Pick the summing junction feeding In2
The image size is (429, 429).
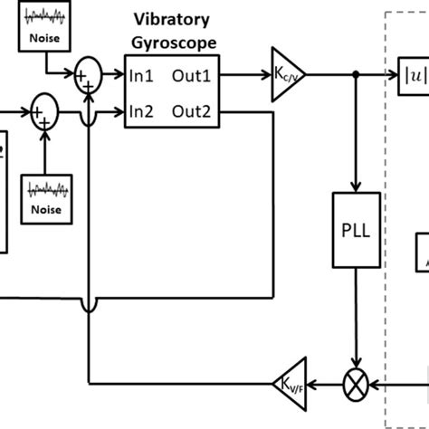44,112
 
